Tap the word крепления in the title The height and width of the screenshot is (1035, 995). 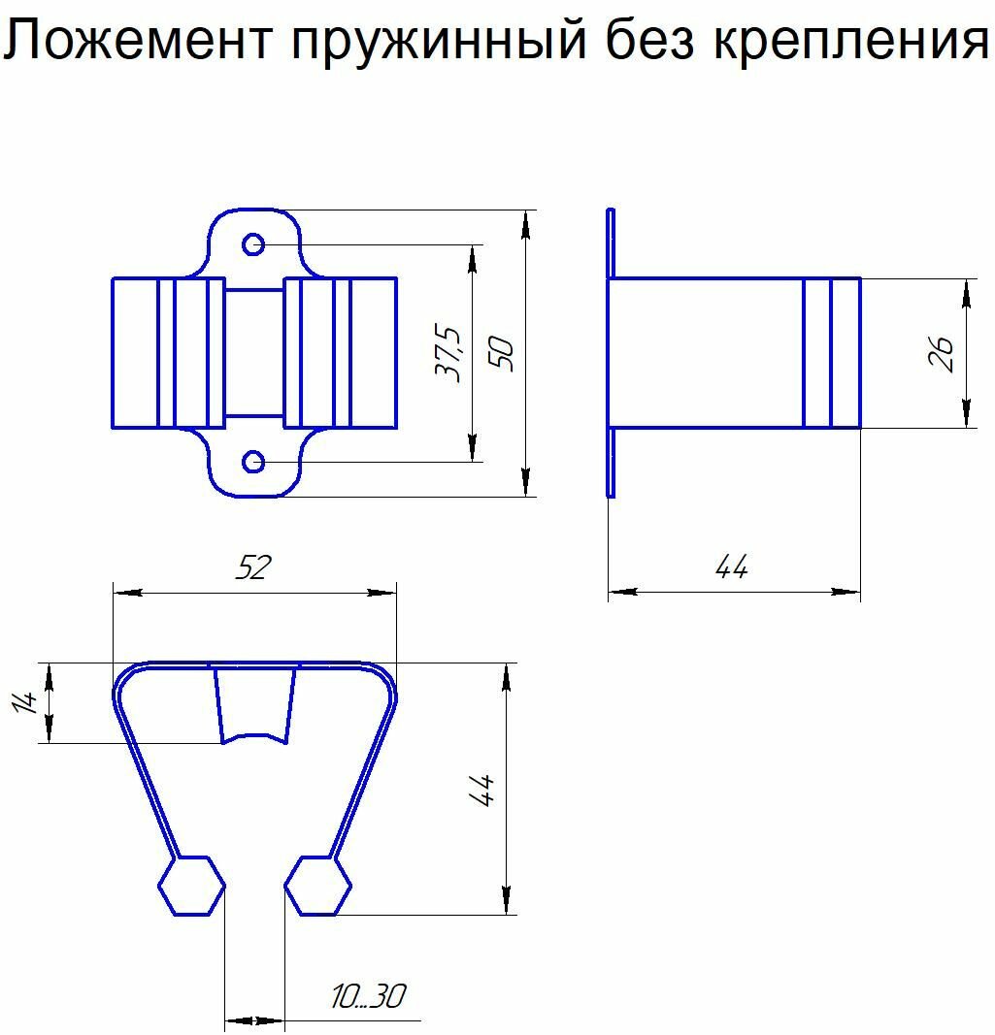pos(852,43)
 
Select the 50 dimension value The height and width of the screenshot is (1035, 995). pos(504,353)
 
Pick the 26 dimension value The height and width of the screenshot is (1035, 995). pos(941,353)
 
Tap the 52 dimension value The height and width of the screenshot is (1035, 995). pos(252,568)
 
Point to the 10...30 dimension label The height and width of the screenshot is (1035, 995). pos(367,996)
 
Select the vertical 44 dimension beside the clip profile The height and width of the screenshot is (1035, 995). pos(482,789)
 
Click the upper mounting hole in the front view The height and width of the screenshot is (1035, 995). pos(253,243)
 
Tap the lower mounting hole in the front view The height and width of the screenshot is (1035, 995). pos(253,462)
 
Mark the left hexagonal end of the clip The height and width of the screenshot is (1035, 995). pos(191,886)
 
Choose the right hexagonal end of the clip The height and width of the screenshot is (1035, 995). pos(318,886)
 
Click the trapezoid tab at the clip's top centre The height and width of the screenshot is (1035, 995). pos(254,704)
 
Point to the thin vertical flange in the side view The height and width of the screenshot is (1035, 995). pos(611,353)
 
